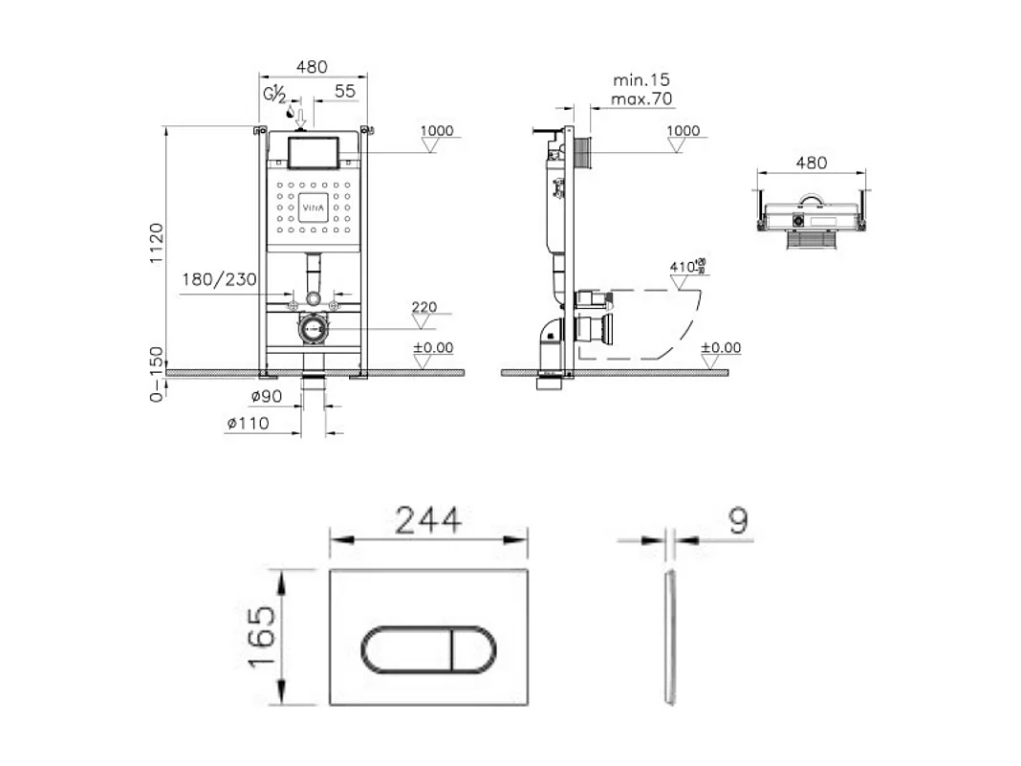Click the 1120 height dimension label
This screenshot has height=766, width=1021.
click(x=158, y=245)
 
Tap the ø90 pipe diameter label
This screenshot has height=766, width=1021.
click(x=266, y=396)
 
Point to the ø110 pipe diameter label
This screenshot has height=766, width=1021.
click(x=248, y=425)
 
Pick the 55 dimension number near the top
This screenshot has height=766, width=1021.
click(x=344, y=90)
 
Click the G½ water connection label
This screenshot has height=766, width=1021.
click(x=274, y=94)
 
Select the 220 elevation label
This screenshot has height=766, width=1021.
click(x=424, y=307)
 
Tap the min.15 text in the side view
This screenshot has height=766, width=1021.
click(x=641, y=79)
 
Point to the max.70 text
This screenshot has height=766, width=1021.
click(x=642, y=98)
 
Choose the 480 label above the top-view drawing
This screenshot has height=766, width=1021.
click(x=811, y=163)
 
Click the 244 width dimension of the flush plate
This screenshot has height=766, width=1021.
click(x=428, y=520)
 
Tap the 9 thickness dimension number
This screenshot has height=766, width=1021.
click(x=737, y=520)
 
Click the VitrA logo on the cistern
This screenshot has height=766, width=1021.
click(x=314, y=206)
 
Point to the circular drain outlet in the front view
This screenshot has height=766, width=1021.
click(x=313, y=329)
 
